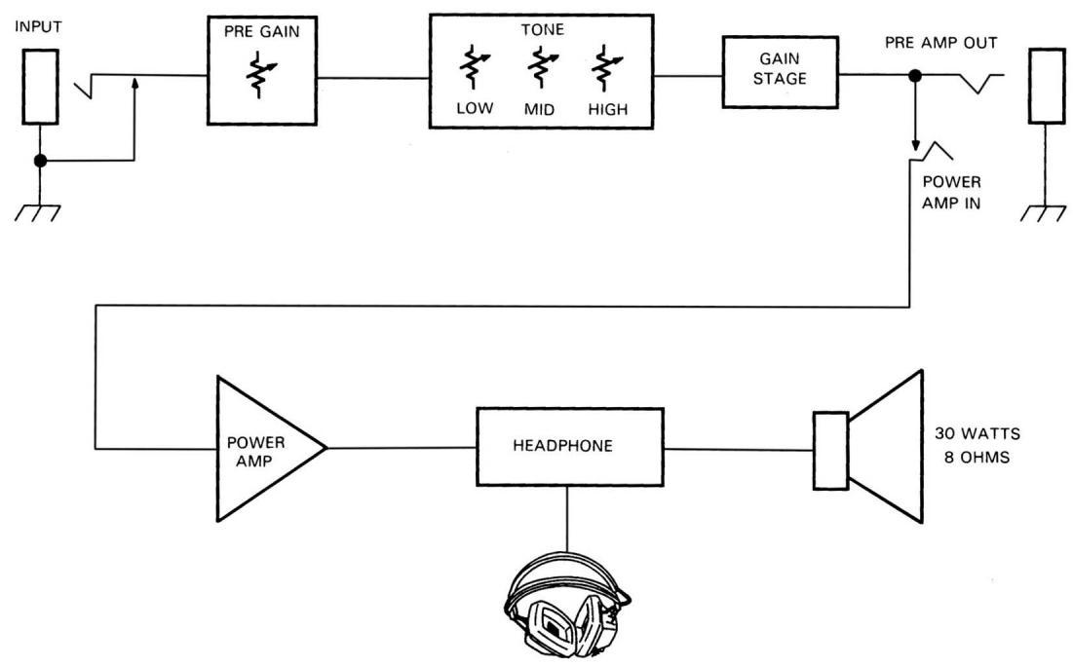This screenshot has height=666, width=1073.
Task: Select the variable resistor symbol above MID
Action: point(539,72)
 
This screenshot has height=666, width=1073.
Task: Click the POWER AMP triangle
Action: point(259,448)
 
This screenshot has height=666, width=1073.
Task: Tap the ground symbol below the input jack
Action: point(39,212)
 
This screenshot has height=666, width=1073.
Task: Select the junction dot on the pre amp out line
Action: point(915,76)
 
